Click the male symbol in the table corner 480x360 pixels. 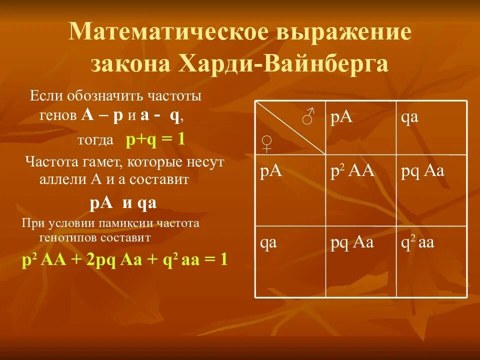tap(308, 116)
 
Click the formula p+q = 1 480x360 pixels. tap(155, 138)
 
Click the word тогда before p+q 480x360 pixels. tap(95, 140)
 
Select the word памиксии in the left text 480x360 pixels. tap(116, 223)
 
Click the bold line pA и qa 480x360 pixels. tap(123, 203)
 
